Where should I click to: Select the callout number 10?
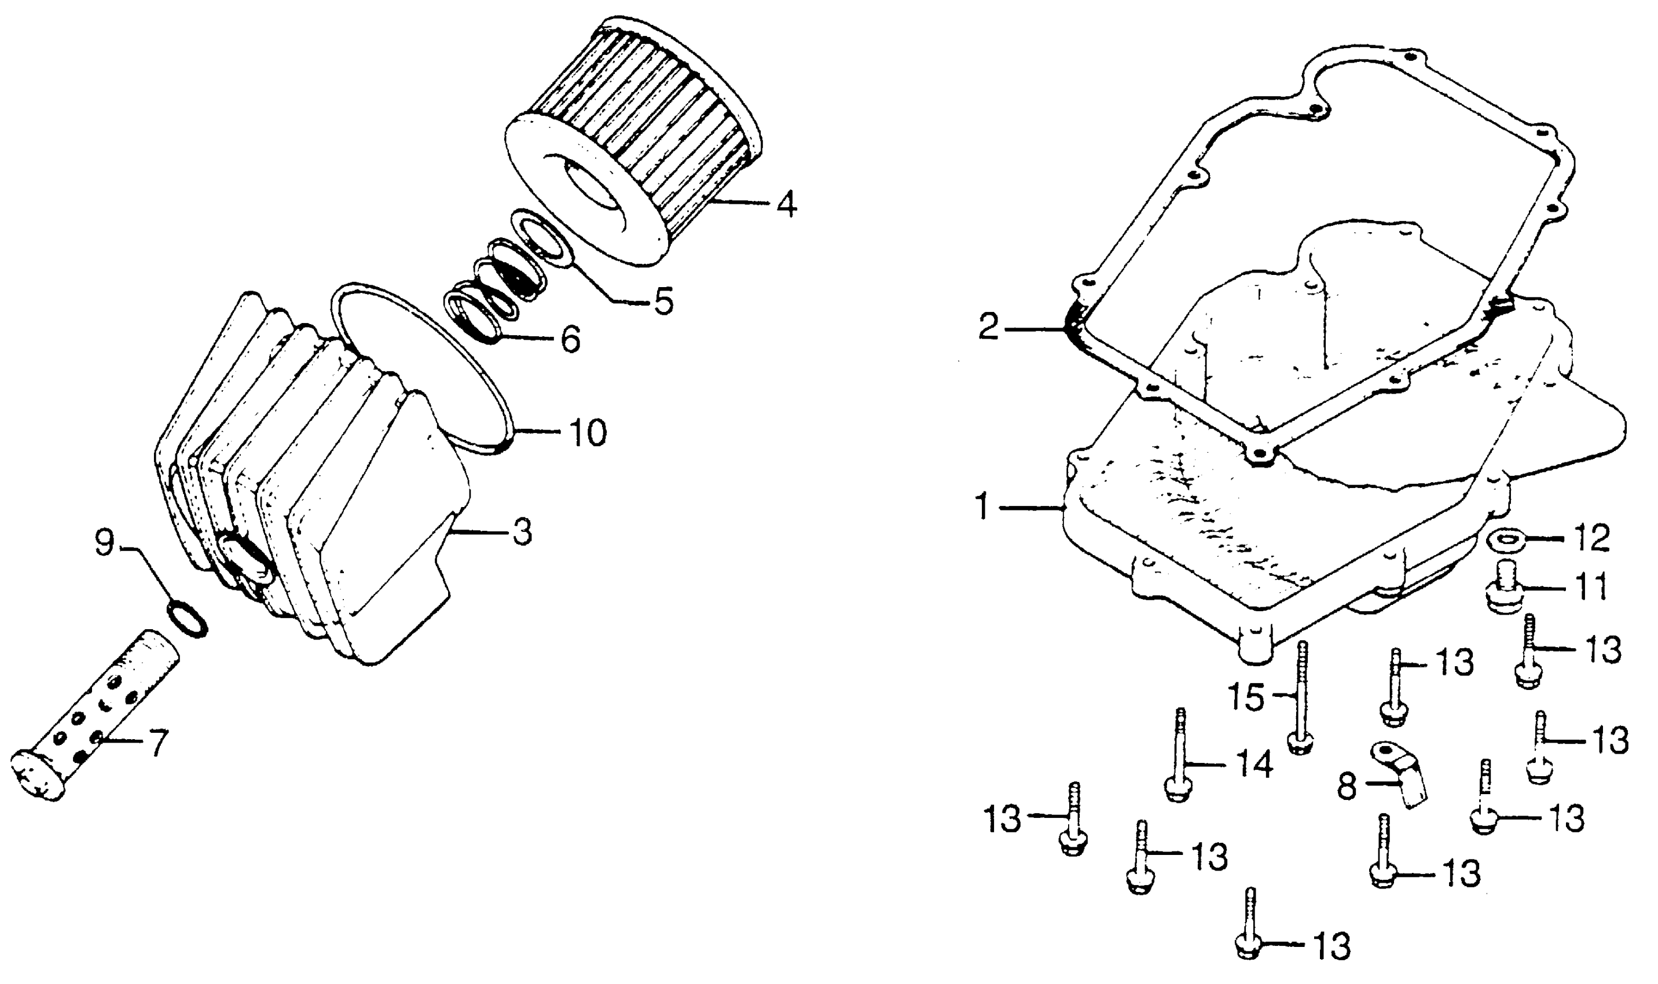pos(587,433)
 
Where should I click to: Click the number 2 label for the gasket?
pos(988,328)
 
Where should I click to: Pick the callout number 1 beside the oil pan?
pos(982,508)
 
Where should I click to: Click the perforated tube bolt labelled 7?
pos(93,719)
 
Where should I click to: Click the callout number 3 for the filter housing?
pos(522,533)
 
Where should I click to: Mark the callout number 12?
pos(1590,539)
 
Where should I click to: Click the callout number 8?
pos(1345,788)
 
